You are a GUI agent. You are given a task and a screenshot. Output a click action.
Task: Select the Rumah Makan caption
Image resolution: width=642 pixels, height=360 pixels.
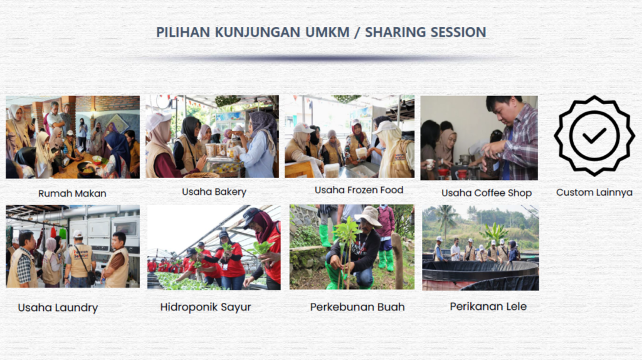[73, 193]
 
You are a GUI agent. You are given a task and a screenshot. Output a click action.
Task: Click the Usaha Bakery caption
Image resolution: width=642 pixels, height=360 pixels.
[214, 192]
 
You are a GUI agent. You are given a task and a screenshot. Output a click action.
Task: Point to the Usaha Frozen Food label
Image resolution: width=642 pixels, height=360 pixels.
[359, 190]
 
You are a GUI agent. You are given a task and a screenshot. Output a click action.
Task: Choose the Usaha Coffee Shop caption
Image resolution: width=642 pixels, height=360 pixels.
[487, 193]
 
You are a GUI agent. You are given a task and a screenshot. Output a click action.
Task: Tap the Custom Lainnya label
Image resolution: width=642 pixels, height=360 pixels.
[594, 192]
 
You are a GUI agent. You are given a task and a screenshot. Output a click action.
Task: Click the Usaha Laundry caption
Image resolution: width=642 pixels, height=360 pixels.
[58, 307]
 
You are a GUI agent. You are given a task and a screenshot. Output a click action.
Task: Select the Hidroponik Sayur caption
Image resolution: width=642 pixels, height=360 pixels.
[206, 307]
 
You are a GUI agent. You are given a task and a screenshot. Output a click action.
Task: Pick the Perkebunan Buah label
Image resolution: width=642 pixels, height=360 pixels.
[357, 307]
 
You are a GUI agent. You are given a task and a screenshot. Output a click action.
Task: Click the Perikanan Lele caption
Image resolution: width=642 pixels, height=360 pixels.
[488, 306]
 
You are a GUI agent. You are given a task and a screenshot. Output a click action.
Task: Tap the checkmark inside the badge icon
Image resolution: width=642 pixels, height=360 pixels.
[594, 135]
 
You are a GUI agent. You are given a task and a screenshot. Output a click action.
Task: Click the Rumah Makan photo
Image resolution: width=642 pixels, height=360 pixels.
[73, 137]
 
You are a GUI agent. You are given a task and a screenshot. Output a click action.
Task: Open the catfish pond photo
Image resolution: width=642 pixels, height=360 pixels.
[480, 248]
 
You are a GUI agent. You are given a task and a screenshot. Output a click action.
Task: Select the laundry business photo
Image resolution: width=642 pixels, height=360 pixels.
[73, 246]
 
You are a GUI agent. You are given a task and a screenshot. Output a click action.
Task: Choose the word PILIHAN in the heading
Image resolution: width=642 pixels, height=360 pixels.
[183, 32]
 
